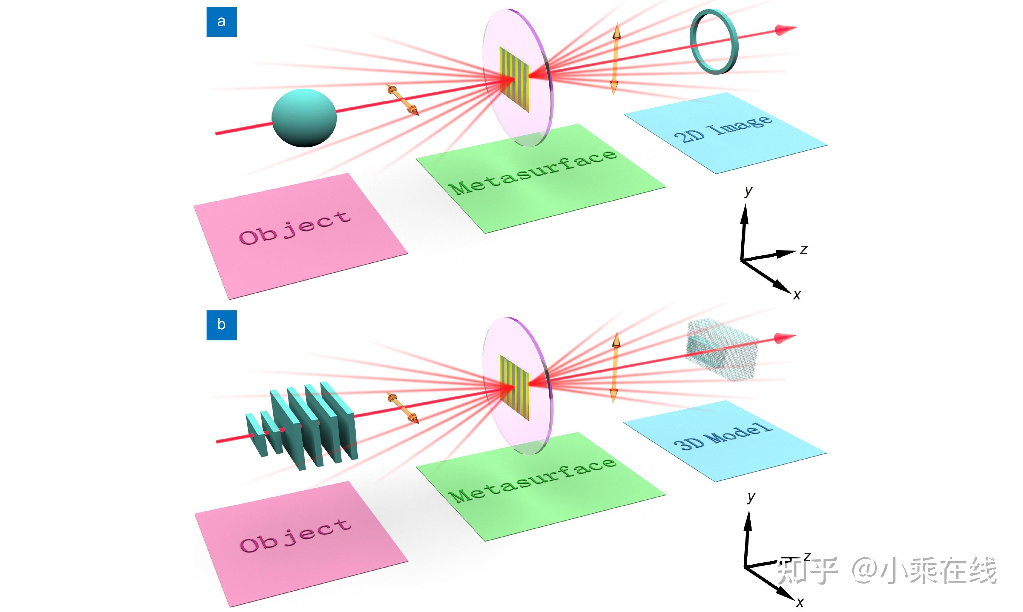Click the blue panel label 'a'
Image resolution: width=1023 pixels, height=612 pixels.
coord(221,21)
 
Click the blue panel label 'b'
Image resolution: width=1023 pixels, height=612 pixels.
coord(221,325)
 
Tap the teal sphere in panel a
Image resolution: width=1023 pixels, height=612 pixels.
coord(304,118)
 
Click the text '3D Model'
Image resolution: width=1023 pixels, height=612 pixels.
coord(723,436)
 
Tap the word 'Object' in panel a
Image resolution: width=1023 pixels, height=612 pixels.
coord(295,228)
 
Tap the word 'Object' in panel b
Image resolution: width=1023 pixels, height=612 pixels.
coord(295,535)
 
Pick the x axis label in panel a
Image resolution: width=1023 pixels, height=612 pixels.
coord(797,295)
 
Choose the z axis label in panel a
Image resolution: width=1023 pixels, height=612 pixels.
coord(804,249)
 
